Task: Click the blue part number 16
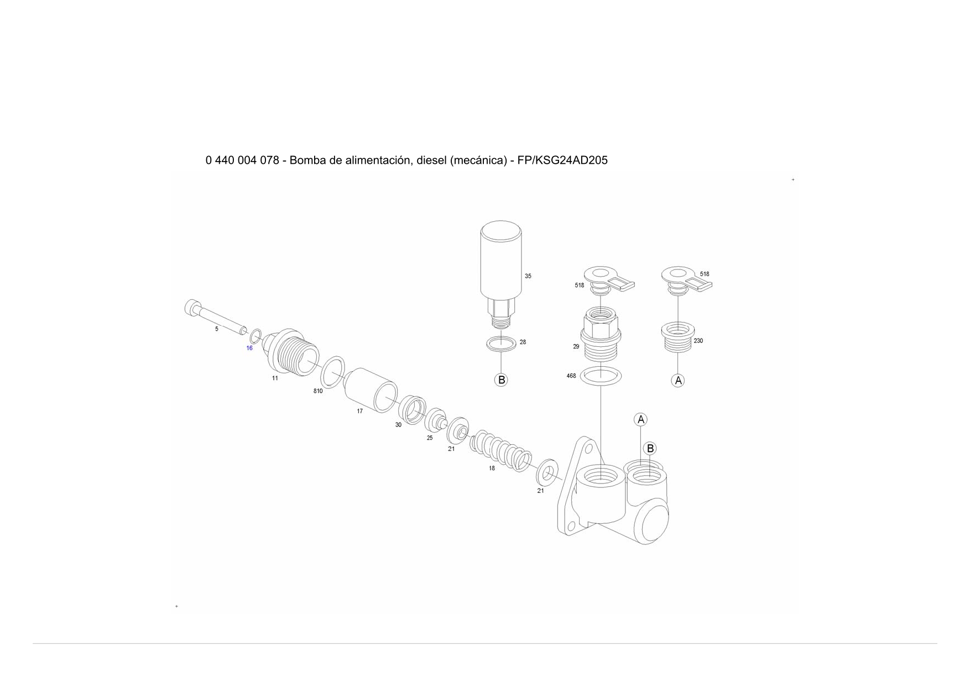249,348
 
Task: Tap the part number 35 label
528,276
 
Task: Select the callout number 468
571,376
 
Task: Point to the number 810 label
318,391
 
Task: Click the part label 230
698,341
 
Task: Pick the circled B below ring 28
501,380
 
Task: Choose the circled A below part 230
678,381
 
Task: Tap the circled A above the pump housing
640,420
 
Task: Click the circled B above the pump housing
650,449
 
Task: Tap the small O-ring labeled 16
255,336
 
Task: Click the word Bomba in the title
306,160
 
